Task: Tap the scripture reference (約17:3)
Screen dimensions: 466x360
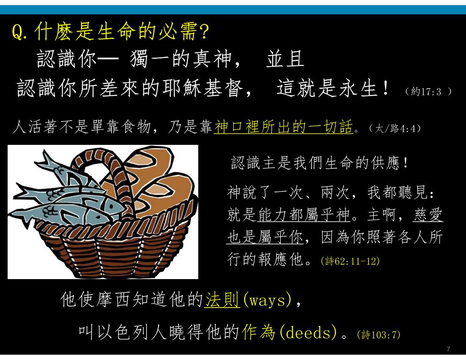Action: tap(428, 91)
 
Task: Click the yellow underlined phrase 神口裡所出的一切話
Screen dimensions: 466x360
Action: tap(283, 127)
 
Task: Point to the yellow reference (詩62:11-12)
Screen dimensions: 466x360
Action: tap(350, 261)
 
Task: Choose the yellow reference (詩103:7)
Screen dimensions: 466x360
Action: tap(379, 335)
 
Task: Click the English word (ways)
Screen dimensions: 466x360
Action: tap(267, 300)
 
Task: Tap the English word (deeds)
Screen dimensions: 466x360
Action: tap(308, 332)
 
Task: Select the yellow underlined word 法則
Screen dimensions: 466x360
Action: tap(222, 299)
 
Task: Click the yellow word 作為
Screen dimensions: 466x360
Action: tap(258, 332)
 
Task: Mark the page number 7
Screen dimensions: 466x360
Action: tap(449, 349)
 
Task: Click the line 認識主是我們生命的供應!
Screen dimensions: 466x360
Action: tap(320, 163)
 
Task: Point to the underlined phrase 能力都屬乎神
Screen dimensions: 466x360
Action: tap(304, 215)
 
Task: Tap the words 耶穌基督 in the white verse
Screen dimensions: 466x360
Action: tap(202, 88)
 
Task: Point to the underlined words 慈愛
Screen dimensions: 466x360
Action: tap(428, 215)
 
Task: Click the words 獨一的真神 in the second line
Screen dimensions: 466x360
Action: tap(181, 59)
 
